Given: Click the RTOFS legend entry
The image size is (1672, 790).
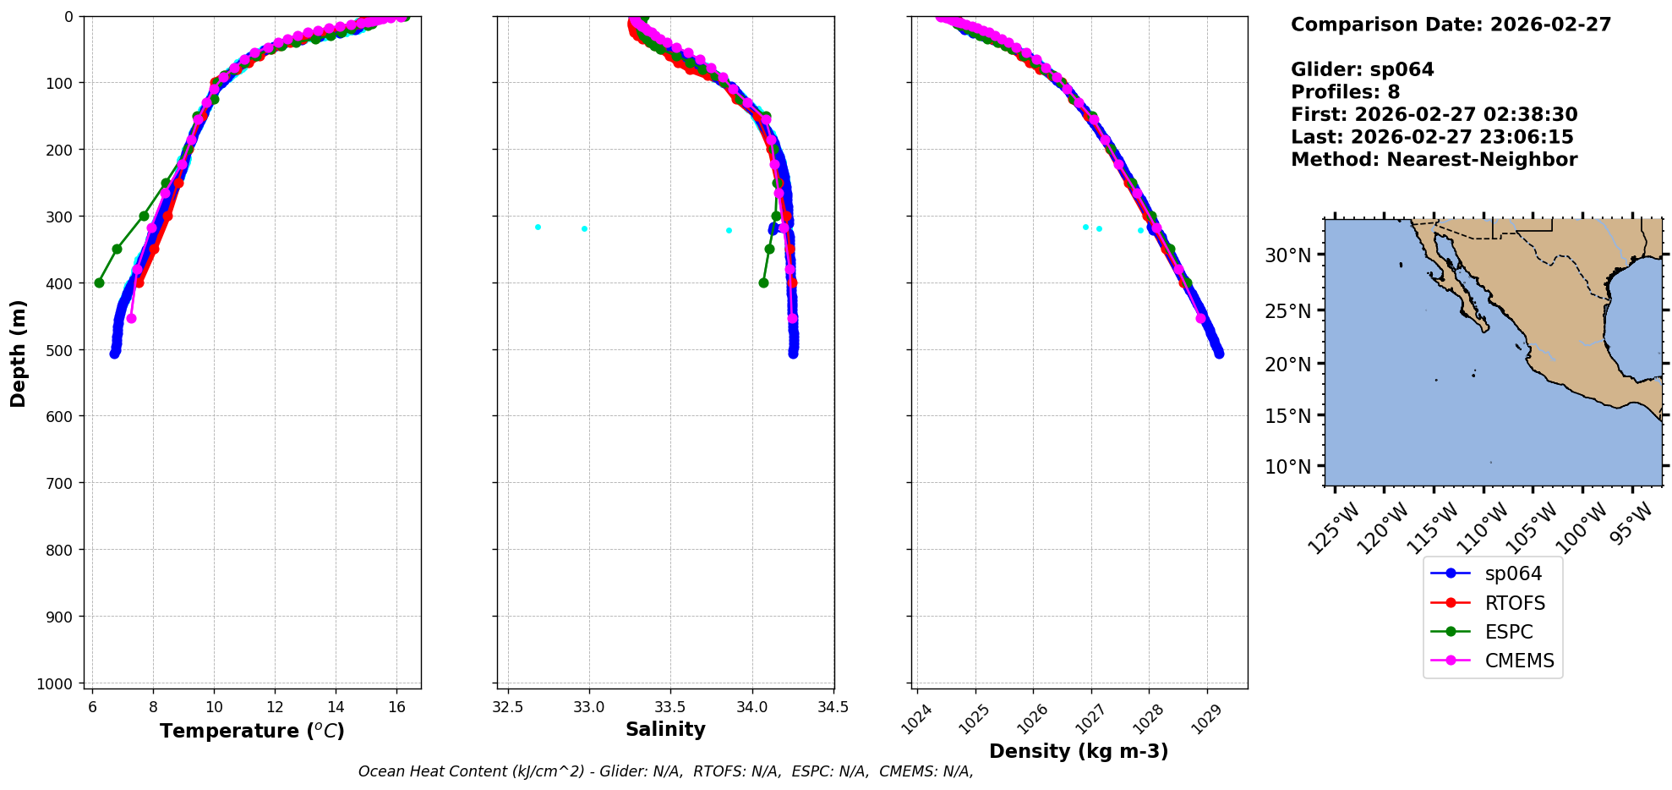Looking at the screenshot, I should tap(1514, 603).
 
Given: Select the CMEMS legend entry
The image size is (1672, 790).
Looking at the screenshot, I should tap(1519, 661).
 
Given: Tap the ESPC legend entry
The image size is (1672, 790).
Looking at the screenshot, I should tap(1508, 632).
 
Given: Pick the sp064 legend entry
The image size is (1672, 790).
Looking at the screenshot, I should tap(1513, 573).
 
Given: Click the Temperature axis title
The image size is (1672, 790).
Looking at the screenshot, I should tap(252, 731).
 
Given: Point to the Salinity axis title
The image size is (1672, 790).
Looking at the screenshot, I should tap(665, 729).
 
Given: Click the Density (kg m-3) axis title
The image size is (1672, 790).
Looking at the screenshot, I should tap(1079, 751).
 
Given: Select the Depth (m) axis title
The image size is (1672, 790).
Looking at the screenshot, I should tap(19, 353).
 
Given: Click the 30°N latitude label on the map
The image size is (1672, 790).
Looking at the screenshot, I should tap(1288, 255).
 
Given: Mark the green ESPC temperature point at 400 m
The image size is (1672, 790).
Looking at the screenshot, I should tap(99, 283).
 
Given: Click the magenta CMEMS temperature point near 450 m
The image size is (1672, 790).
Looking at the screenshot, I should tap(131, 318).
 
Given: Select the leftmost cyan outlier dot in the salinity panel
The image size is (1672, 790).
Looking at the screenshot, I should tap(538, 227).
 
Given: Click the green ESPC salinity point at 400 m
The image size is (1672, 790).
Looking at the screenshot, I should tap(763, 283).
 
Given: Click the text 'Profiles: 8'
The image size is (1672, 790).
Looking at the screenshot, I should tap(1345, 92).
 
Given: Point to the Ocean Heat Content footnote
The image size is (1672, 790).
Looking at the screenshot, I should tap(665, 771).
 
